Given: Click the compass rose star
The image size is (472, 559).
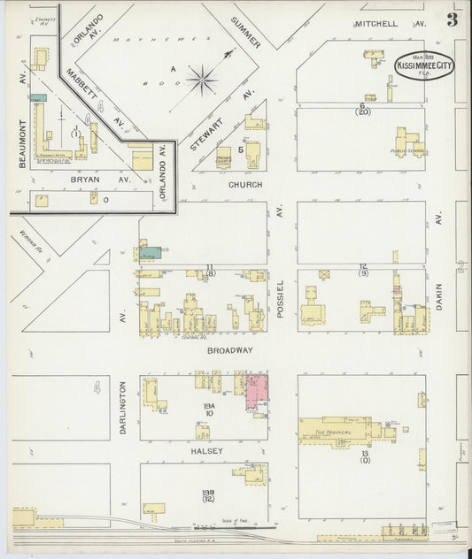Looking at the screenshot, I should [203, 81].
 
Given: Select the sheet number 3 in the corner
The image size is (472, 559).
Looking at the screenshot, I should [453, 19].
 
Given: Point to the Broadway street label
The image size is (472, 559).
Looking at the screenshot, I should [230, 350].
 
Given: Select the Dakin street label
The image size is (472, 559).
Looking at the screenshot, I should [437, 301].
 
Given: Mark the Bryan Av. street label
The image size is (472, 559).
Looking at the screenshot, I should [94, 179].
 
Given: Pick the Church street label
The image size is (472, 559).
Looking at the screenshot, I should [245, 186].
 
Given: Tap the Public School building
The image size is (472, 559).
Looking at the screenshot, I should [409, 144].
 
